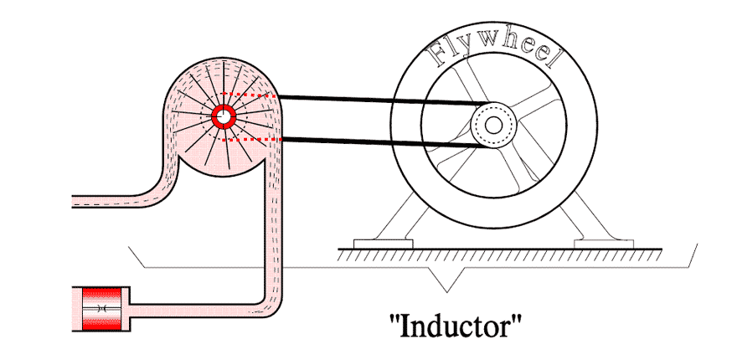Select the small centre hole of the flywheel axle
tap(493, 125)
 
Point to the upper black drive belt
tap(383, 100)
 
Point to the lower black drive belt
tap(383, 141)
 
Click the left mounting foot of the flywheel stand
tap(383, 244)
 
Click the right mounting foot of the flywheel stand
tap(604, 244)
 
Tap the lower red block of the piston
tap(101, 322)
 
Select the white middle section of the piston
tap(101, 309)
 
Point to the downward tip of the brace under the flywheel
tap(450, 291)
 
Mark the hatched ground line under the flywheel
tap(500, 255)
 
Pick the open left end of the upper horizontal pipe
tap(73, 202)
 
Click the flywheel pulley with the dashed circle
tap(493, 125)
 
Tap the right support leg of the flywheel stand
tap(591, 216)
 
